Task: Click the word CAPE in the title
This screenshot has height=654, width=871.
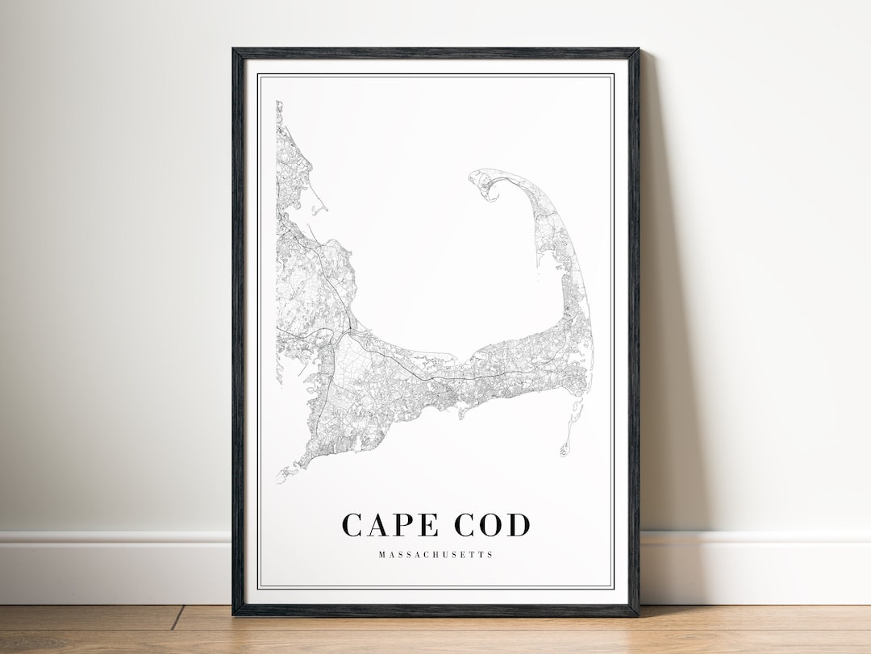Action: (392, 525)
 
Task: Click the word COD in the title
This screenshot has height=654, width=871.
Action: (492, 525)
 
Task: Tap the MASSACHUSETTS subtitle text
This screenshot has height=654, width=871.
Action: (435, 555)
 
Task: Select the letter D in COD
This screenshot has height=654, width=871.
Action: (519, 525)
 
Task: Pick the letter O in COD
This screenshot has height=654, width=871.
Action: (492, 525)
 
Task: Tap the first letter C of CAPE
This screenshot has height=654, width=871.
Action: (352, 525)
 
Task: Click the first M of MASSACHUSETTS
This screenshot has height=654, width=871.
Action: (380, 555)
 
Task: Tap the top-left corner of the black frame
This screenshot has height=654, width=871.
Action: (235, 51)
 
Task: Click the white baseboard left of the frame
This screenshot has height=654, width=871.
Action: (113, 556)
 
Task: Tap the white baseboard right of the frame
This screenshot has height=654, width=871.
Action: (758, 556)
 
